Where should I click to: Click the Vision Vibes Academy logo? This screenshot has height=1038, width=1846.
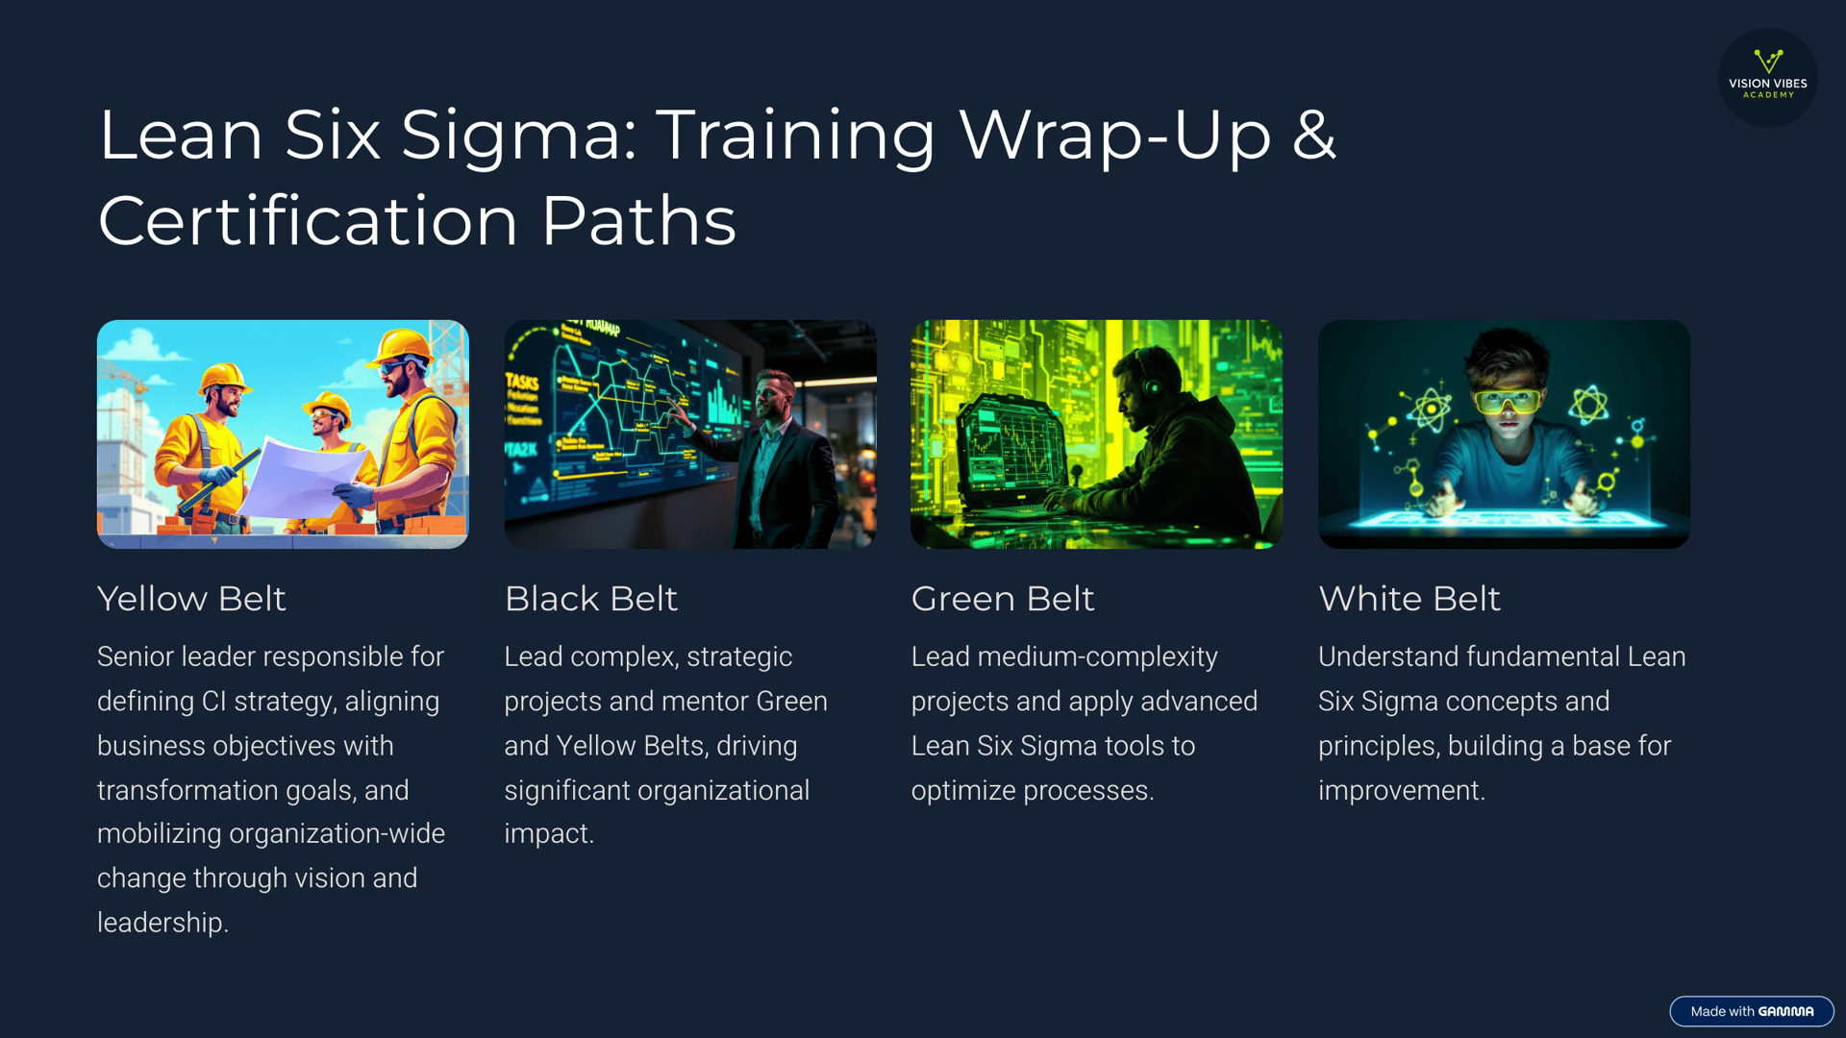1767,77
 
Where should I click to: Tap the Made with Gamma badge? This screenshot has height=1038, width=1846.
1752,1011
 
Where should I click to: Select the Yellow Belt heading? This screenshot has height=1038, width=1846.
191,599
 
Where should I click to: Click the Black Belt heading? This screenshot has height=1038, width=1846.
591,599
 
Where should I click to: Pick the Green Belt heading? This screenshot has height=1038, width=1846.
1003,599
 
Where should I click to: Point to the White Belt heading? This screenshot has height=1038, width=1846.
1409,599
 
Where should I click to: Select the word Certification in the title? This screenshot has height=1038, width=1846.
309,221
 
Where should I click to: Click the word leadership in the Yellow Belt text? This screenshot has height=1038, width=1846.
162,923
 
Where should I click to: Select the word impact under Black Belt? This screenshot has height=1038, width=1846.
549,834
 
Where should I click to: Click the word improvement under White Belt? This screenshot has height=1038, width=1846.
1402,790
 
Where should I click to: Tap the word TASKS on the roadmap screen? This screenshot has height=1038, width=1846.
522,382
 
